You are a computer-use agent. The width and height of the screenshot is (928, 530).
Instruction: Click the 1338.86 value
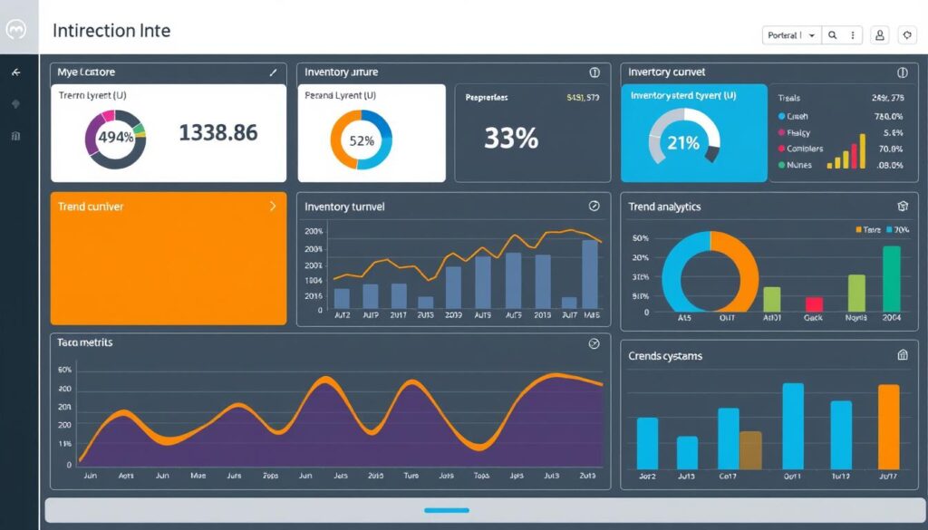tap(217, 133)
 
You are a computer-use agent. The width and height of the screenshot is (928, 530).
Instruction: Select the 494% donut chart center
tap(115, 139)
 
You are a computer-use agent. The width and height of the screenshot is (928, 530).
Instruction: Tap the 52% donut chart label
tap(361, 140)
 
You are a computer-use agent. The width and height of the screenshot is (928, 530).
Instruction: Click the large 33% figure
tap(510, 138)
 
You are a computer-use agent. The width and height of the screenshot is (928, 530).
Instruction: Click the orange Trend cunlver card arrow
tap(273, 207)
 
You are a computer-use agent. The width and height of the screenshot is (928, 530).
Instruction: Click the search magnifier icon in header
tap(832, 35)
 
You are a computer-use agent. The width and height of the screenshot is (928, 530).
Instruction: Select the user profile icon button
tap(879, 35)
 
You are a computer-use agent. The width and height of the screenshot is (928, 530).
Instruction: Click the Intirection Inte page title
tap(111, 30)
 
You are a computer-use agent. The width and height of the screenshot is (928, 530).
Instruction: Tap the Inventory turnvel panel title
tap(344, 207)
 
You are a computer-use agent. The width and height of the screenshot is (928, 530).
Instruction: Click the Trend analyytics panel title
tap(664, 207)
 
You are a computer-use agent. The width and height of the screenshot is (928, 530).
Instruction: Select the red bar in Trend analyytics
tap(813, 304)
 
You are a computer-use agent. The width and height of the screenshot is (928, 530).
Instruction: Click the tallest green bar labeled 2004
tap(892, 279)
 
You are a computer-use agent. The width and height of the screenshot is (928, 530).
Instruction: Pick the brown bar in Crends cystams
tap(750, 449)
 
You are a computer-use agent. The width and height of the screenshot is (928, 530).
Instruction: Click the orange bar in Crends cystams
tap(888, 427)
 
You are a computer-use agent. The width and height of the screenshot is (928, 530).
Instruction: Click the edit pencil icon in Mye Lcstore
tap(273, 72)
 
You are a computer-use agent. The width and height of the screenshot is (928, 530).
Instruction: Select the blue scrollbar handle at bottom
tap(447, 510)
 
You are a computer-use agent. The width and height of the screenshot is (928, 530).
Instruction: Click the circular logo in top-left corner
tap(16, 30)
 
